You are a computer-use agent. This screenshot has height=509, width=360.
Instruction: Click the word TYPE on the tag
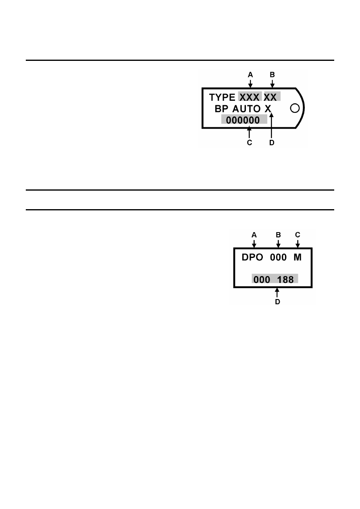click(222, 97)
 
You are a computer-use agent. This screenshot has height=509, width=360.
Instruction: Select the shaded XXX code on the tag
click(249, 97)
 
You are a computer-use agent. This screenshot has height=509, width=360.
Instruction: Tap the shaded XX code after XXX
click(270, 97)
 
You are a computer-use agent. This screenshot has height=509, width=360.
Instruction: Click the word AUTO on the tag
click(246, 109)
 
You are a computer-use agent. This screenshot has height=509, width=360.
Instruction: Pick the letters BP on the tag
click(221, 109)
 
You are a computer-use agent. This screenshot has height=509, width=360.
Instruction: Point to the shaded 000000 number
click(243, 120)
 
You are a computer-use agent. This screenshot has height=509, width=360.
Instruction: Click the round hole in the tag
click(295, 108)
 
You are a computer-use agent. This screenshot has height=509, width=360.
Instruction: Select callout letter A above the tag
click(250, 75)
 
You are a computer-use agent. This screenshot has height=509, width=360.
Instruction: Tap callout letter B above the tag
click(272, 75)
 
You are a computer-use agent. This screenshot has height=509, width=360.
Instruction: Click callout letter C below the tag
click(250, 143)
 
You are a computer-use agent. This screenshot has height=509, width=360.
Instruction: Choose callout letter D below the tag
click(272, 143)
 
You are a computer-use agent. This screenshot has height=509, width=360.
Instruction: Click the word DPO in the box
click(252, 257)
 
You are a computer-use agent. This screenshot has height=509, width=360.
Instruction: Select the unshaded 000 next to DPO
click(278, 257)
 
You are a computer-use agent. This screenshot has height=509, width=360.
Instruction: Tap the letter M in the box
click(298, 257)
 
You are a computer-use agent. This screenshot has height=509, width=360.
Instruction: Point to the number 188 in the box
click(285, 280)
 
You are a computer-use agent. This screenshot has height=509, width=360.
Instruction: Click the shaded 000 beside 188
click(262, 280)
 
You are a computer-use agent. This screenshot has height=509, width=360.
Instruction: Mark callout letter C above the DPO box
click(298, 235)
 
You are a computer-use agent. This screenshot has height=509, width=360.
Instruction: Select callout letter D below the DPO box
click(277, 302)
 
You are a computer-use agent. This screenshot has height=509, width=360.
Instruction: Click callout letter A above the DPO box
click(254, 235)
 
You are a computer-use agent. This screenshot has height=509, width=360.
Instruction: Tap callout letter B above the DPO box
click(278, 235)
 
